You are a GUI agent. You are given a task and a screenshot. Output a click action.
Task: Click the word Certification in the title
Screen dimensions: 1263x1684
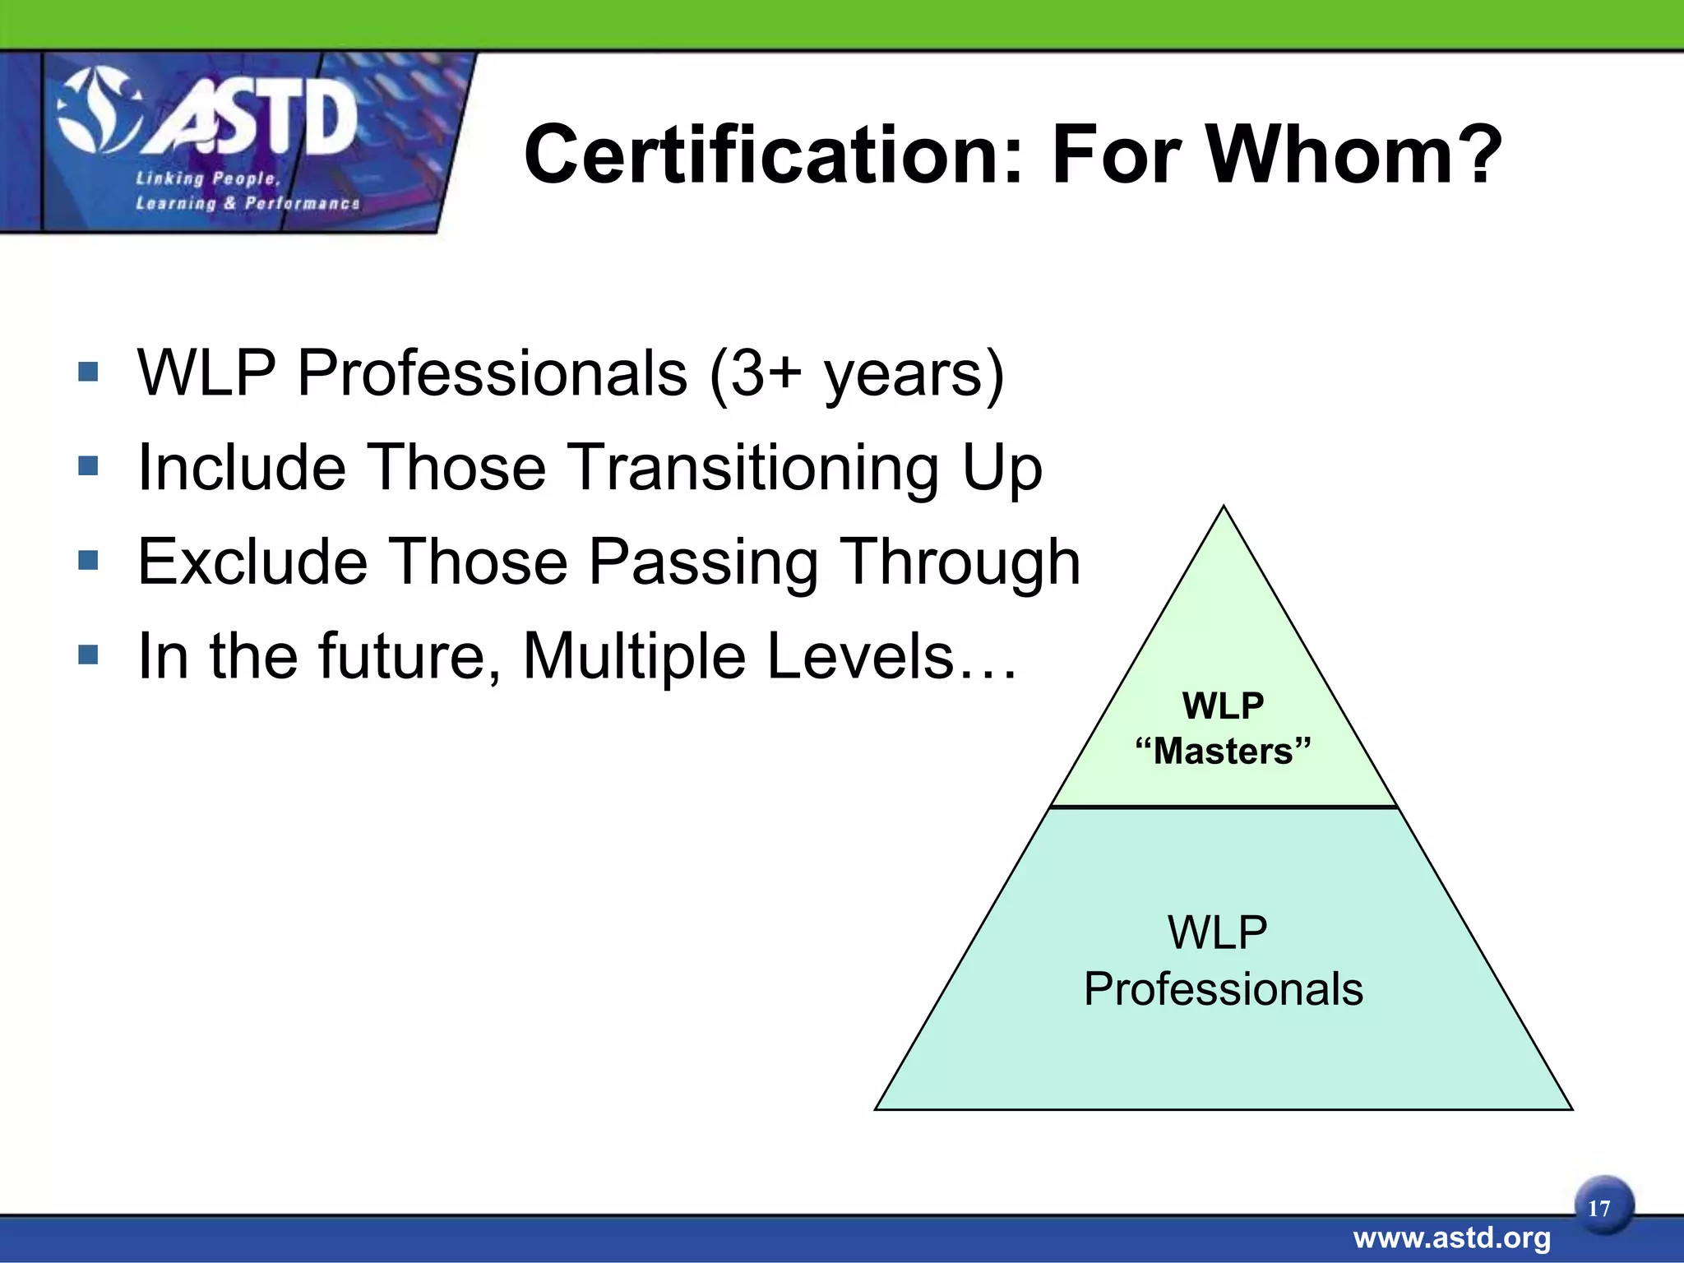tap(773, 155)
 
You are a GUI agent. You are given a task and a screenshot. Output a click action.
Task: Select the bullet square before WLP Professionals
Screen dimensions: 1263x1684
tap(88, 372)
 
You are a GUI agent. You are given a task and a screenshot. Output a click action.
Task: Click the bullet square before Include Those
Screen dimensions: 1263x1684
tap(88, 467)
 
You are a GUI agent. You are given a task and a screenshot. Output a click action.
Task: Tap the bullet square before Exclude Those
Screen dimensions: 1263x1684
tap(88, 562)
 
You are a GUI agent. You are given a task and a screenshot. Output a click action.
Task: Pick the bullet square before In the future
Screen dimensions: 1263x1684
tap(88, 655)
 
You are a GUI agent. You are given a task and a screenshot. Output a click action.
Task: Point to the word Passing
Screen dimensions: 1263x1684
tap(704, 562)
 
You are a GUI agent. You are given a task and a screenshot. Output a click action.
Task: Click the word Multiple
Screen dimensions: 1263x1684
tap(634, 656)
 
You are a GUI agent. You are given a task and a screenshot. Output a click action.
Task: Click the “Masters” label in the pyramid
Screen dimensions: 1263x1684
tap(1224, 752)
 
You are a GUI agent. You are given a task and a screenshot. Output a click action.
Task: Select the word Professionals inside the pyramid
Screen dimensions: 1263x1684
tap(1224, 989)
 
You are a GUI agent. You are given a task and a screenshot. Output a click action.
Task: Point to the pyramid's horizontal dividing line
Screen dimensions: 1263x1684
tap(1224, 807)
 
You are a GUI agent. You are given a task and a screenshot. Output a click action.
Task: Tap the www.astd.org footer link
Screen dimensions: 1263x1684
tap(1452, 1238)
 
